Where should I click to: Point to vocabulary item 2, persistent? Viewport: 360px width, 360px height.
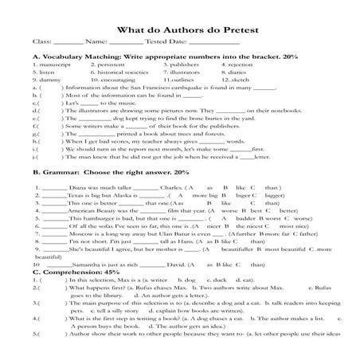110,65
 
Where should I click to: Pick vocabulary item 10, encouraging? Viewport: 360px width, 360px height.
112,80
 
